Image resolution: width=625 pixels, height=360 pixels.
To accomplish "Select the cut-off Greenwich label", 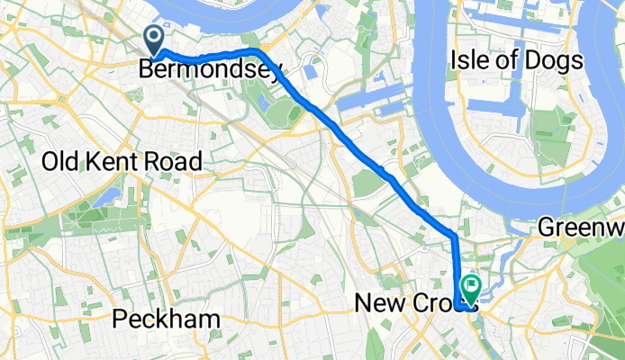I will (582, 229).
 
